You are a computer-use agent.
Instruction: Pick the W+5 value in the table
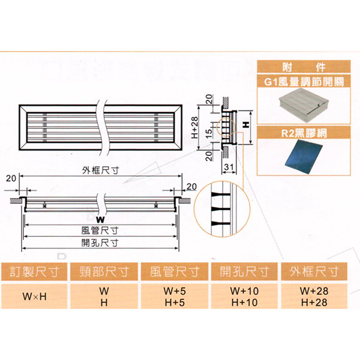[176, 290]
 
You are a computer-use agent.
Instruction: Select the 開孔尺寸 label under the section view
[100, 242]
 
